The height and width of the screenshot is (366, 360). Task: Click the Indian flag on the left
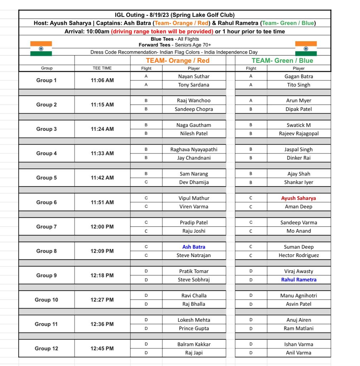click(41, 49)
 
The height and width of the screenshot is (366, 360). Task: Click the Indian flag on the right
click(306, 49)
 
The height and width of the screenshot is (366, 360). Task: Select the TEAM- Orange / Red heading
click(177, 60)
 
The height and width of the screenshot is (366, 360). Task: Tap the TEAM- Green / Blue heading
click(282, 60)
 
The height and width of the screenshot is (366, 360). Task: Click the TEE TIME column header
click(102, 68)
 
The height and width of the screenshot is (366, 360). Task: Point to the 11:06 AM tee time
click(102, 80)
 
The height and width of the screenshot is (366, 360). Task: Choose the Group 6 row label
click(47, 202)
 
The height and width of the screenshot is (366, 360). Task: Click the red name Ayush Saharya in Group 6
click(298, 198)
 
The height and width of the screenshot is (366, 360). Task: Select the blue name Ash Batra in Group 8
click(194, 247)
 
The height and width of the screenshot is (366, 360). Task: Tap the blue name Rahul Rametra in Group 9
click(298, 280)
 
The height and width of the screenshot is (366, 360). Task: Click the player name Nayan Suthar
click(194, 76)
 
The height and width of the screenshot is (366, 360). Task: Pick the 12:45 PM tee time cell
click(102, 348)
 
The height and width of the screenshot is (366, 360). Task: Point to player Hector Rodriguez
click(298, 255)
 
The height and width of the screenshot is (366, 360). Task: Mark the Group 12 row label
click(47, 348)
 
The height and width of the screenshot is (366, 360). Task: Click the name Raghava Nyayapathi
click(194, 149)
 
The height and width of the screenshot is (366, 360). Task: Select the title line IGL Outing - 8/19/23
click(175, 15)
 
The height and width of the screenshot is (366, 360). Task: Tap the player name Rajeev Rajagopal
click(298, 133)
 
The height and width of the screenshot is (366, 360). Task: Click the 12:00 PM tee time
click(102, 227)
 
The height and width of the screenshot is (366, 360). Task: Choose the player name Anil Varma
click(298, 353)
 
